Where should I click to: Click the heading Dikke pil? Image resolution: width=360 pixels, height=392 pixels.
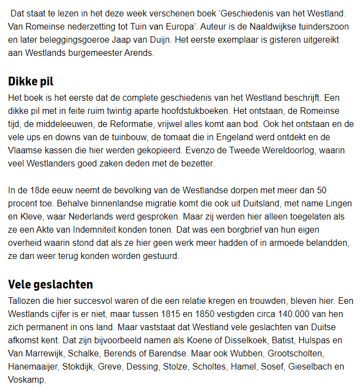click(x=31, y=82)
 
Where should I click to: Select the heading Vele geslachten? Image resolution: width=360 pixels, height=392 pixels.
click(x=50, y=284)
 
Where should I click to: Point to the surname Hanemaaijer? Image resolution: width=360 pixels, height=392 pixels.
click(x=33, y=366)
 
